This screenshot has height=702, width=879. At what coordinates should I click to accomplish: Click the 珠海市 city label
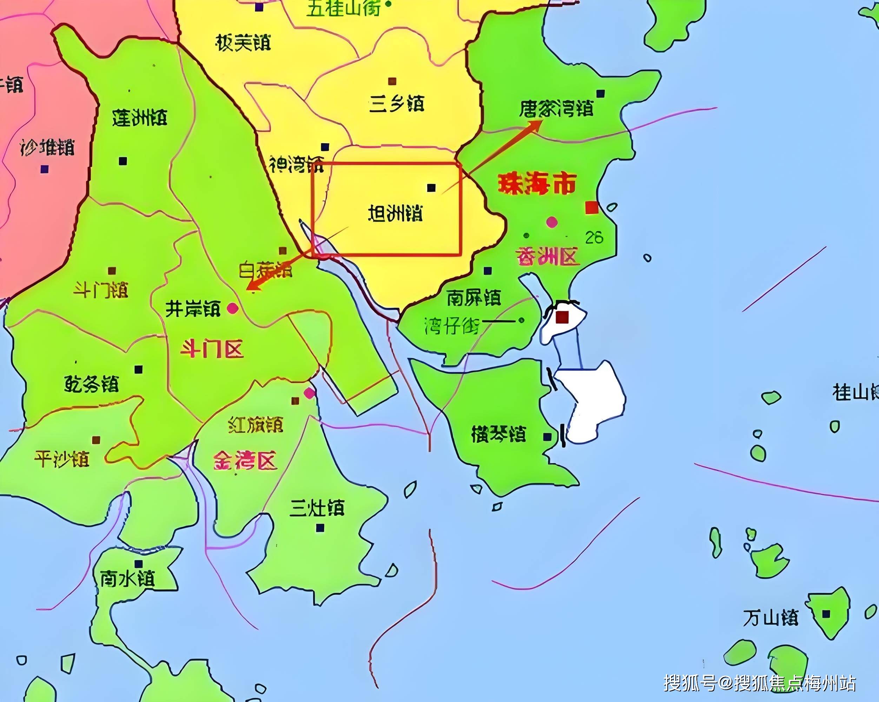(x=537, y=184)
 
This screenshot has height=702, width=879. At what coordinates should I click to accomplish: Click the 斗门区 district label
(x=212, y=349)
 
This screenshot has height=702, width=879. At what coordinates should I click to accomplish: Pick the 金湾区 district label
(x=245, y=461)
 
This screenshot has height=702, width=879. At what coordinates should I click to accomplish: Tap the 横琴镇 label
(x=498, y=434)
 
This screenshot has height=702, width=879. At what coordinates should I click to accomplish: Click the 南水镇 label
(x=128, y=578)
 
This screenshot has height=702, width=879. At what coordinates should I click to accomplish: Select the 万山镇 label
(x=770, y=618)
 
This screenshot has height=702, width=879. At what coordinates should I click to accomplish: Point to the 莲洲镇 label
(x=139, y=118)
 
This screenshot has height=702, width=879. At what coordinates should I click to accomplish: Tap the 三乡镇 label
(x=396, y=104)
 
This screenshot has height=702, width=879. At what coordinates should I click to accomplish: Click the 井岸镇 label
(x=192, y=309)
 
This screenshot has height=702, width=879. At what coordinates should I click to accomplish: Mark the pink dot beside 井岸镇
(x=233, y=308)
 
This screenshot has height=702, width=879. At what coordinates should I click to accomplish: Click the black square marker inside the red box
(x=431, y=187)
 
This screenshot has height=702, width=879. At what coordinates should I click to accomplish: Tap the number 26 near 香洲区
(x=594, y=237)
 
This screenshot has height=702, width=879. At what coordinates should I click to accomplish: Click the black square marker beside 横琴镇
(x=548, y=437)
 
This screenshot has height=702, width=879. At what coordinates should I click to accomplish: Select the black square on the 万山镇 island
(x=826, y=614)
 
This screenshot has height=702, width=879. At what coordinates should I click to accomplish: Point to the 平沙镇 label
(x=61, y=459)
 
